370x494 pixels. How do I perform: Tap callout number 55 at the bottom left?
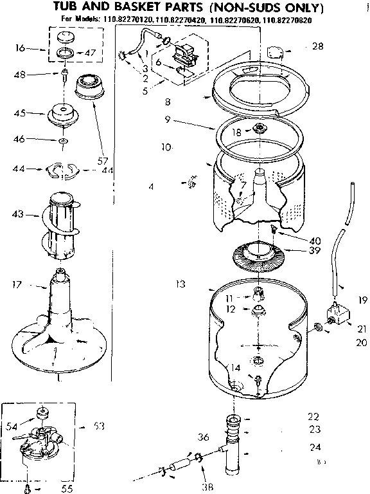[66, 489]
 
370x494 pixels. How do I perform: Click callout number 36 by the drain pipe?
[203, 437]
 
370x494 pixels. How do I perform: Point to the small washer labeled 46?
[62, 140]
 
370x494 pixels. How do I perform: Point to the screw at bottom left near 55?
[28, 488]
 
